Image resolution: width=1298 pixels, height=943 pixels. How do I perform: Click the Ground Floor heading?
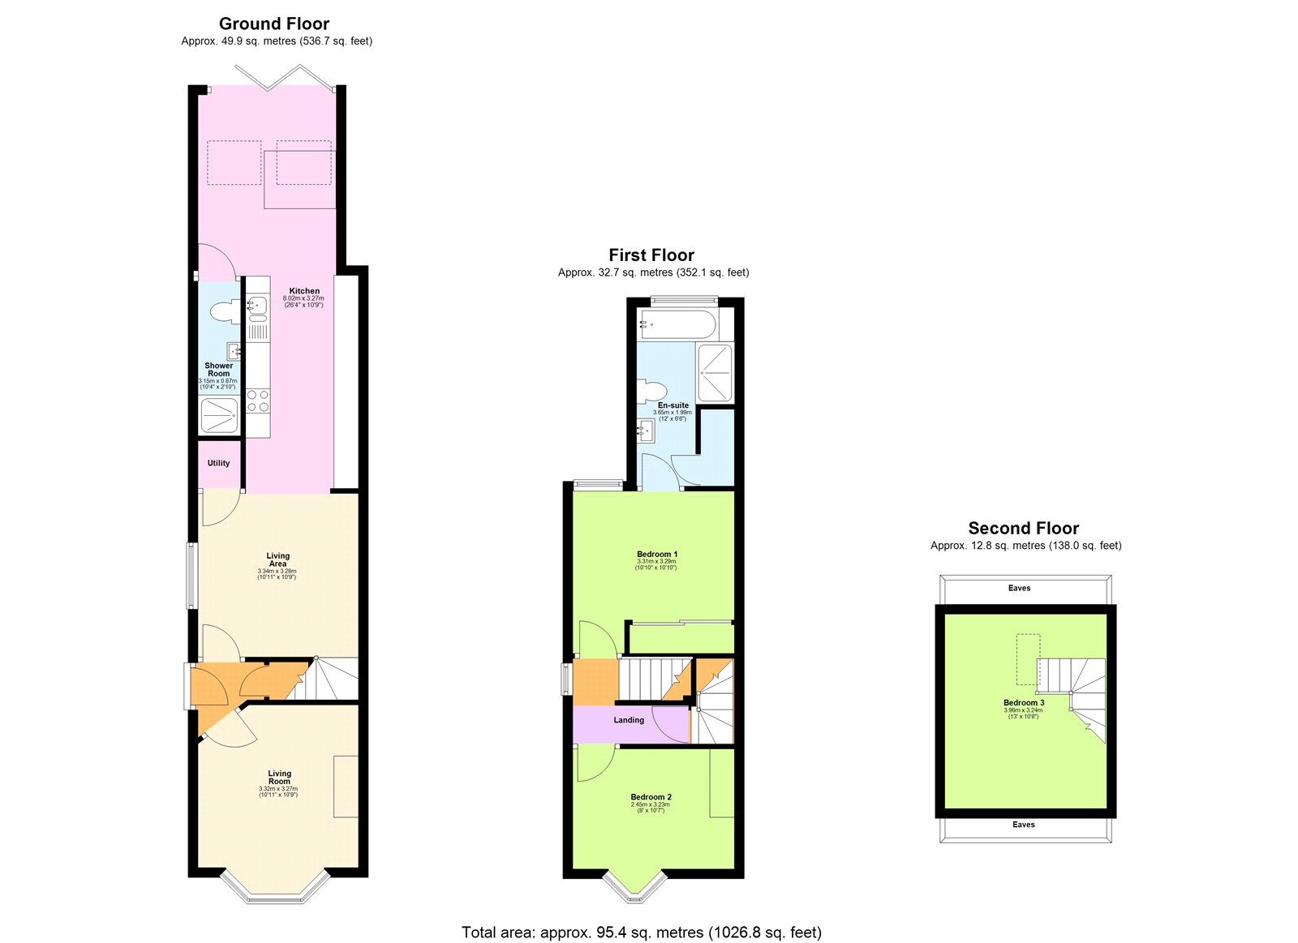tap(274, 24)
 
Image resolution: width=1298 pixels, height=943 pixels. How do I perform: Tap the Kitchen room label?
tap(304, 290)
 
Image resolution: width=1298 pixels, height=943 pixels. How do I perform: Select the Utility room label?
tap(218, 463)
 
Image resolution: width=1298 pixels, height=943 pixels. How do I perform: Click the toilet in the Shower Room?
tap(223, 311)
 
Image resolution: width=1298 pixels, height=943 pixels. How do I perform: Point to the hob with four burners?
tap(258, 401)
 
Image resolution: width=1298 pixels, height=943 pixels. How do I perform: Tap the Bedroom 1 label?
tap(657, 555)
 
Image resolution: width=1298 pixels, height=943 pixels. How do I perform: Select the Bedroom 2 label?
tap(651, 797)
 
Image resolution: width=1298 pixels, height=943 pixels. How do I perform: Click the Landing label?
tap(629, 720)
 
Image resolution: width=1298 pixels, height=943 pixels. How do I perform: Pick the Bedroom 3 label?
tap(1024, 703)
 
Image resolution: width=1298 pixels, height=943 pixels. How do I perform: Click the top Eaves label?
tap(1020, 589)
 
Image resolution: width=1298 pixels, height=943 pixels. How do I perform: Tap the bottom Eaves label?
tap(1024, 825)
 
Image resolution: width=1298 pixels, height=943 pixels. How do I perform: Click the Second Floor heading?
tap(1023, 529)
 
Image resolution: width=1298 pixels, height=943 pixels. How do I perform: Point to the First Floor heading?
tap(651, 255)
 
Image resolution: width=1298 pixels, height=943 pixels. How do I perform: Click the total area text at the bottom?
tap(641, 932)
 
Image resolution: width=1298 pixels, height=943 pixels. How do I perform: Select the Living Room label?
tap(279, 778)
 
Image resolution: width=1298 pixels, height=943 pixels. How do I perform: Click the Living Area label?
tap(277, 559)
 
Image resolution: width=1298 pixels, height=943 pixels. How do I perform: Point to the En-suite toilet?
tap(650, 392)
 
